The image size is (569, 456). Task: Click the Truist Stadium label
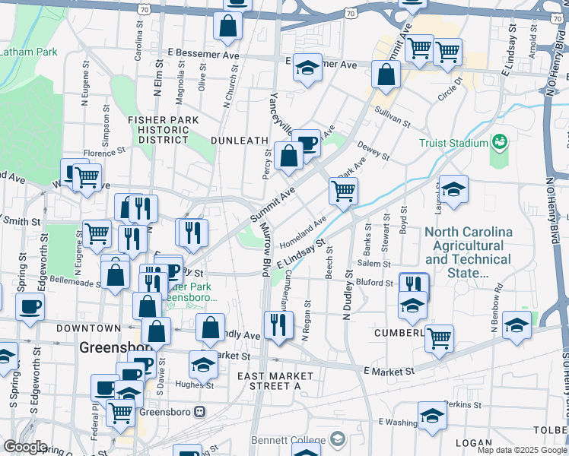coord(453,143)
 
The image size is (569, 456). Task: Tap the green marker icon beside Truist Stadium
coord(500,141)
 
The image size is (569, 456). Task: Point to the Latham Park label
coord(29,52)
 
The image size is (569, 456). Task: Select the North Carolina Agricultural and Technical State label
coord(468,252)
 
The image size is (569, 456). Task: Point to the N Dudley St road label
coord(348,294)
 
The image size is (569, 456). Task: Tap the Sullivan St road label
coord(393,116)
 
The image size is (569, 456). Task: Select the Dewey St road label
coord(373,151)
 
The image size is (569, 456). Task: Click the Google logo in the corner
coord(25,447)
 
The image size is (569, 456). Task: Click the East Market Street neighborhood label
coord(275,381)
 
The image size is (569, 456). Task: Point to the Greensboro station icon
coord(200,411)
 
